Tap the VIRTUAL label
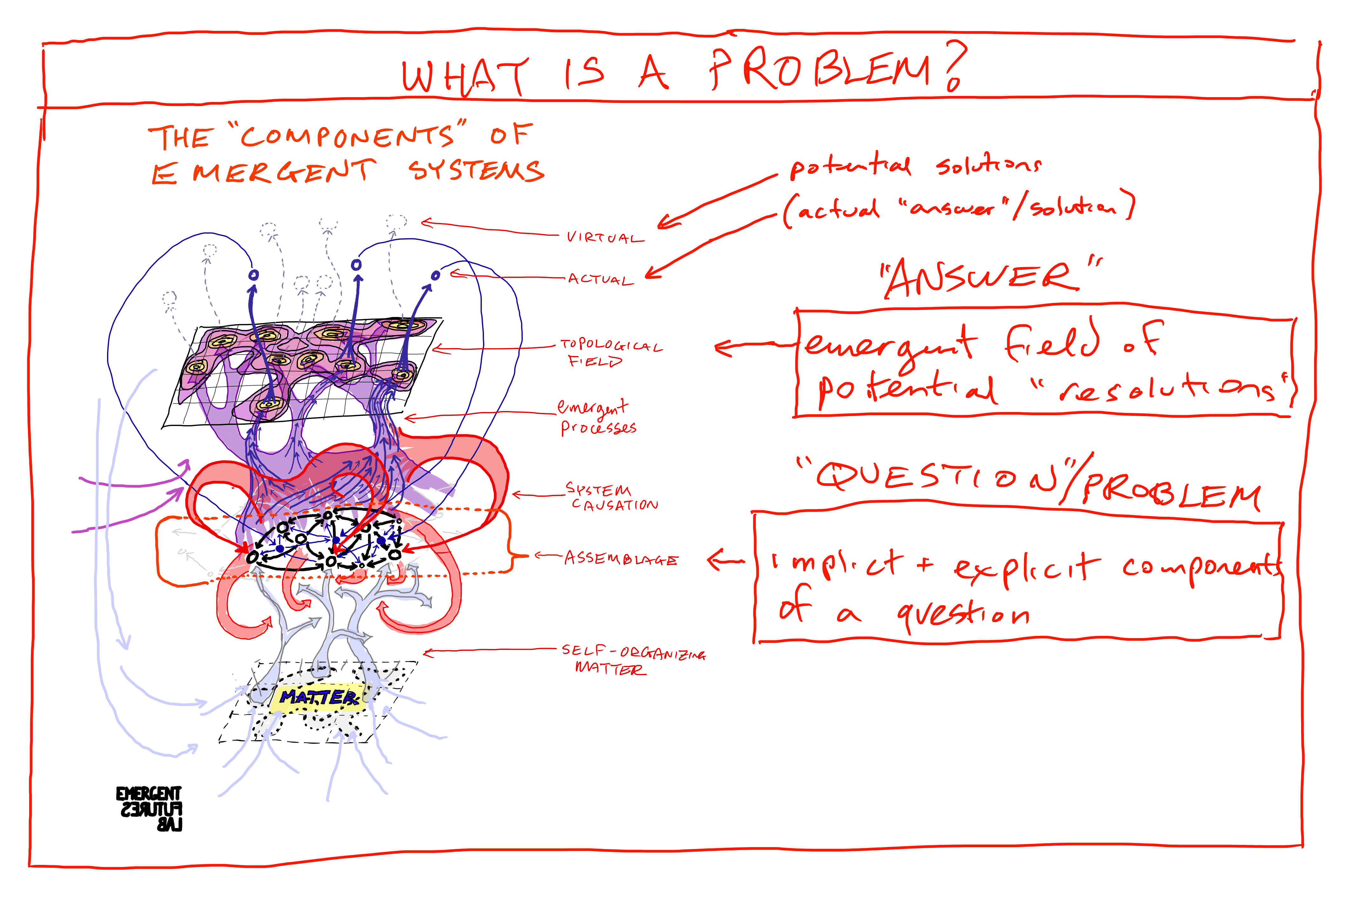tap(605, 237)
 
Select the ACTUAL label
tap(601, 279)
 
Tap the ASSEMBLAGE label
tap(621, 558)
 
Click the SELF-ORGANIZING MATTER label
tap(632, 659)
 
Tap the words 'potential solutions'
tap(915, 166)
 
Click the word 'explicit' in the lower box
tap(1026, 568)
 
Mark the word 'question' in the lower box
tap(964, 615)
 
